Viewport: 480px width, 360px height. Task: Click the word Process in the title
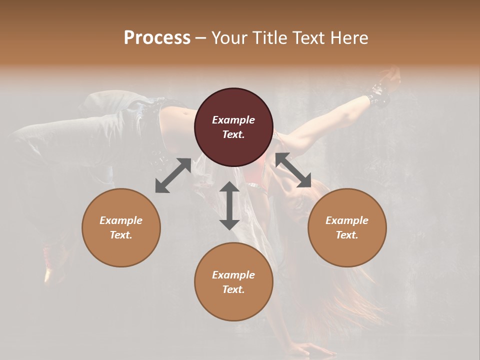157,37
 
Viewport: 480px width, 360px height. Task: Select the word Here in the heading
348,37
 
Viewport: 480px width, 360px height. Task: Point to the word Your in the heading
228,37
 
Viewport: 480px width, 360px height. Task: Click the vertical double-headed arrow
229,205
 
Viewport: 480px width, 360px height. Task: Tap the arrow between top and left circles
173,175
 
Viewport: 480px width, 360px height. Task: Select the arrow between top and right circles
293,170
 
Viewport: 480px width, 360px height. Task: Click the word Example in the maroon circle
233,120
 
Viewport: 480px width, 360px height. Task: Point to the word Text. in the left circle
121,235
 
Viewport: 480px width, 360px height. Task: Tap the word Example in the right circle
347,220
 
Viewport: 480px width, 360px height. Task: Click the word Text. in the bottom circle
233,289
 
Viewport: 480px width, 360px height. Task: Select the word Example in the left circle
121,220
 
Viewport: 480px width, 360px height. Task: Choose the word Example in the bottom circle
233,275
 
